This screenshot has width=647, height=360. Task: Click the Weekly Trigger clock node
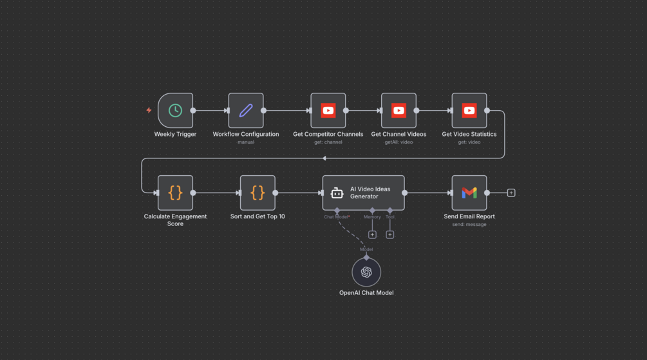(175, 111)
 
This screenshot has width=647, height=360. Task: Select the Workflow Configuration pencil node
(246, 111)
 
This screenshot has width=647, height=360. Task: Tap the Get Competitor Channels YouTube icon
(328, 111)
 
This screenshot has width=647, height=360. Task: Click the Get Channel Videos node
(399, 111)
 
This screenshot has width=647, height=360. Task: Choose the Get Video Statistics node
(469, 111)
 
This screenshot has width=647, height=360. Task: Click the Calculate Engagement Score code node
(175, 193)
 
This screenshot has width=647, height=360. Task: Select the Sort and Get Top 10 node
(258, 193)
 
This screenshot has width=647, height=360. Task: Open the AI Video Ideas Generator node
(364, 193)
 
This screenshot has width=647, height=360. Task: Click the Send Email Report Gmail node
(469, 193)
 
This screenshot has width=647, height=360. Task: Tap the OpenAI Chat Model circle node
(366, 272)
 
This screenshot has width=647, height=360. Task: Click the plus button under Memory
(372, 234)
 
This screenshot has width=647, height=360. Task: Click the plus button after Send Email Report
(511, 193)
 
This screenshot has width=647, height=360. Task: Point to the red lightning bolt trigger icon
(149, 110)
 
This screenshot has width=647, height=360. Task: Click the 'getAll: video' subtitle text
(399, 142)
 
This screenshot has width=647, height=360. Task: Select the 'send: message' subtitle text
(469, 225)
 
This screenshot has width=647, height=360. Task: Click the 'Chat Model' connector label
(336, 217)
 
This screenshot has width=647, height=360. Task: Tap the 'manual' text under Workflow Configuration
(246, 142)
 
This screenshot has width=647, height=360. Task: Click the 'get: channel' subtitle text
(328, 142)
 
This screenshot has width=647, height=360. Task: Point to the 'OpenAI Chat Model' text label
(366, 293)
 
